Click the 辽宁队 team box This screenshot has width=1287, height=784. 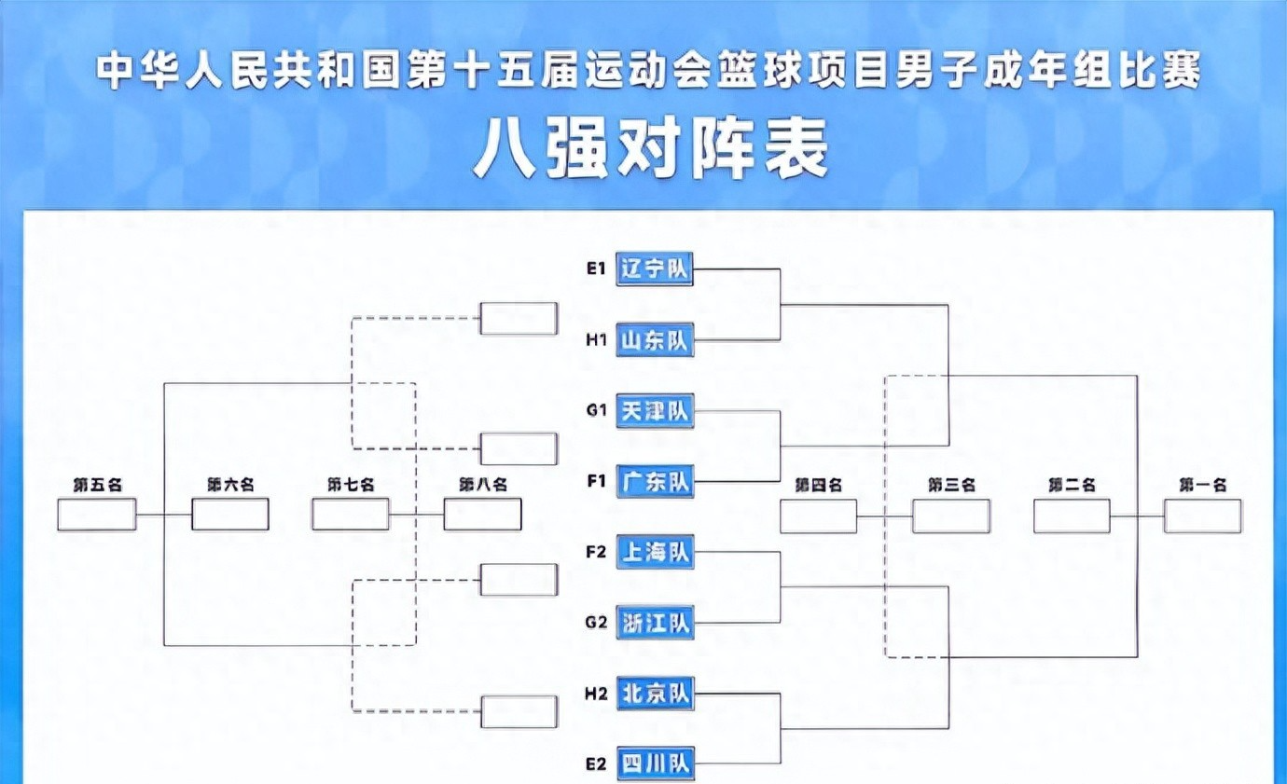(655, 269)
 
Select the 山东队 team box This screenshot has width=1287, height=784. (655, 341)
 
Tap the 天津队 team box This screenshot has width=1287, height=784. (655, 410)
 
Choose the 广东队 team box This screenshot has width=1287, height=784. (655, 482)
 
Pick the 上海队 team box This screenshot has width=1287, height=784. (655, 552)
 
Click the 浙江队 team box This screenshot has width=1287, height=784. (655, 623)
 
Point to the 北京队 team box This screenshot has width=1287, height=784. (655, 694)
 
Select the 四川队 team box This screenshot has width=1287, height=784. (655, 764)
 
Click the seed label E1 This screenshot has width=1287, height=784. (596, 269)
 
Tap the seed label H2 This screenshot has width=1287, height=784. (596, 694)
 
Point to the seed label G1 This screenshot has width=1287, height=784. (596, 410)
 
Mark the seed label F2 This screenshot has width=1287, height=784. (596, 552)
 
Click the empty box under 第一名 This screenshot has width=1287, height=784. (1202, 516)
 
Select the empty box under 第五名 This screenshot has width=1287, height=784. (97, 515)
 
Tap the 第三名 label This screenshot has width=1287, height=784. (951, 485)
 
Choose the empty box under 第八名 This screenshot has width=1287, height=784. (482, 515)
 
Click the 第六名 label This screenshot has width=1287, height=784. (230, 485)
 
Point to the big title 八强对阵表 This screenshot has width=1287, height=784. (651, 149)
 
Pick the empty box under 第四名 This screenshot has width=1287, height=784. (818, 516)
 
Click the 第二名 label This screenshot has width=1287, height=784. (1072, 485)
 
